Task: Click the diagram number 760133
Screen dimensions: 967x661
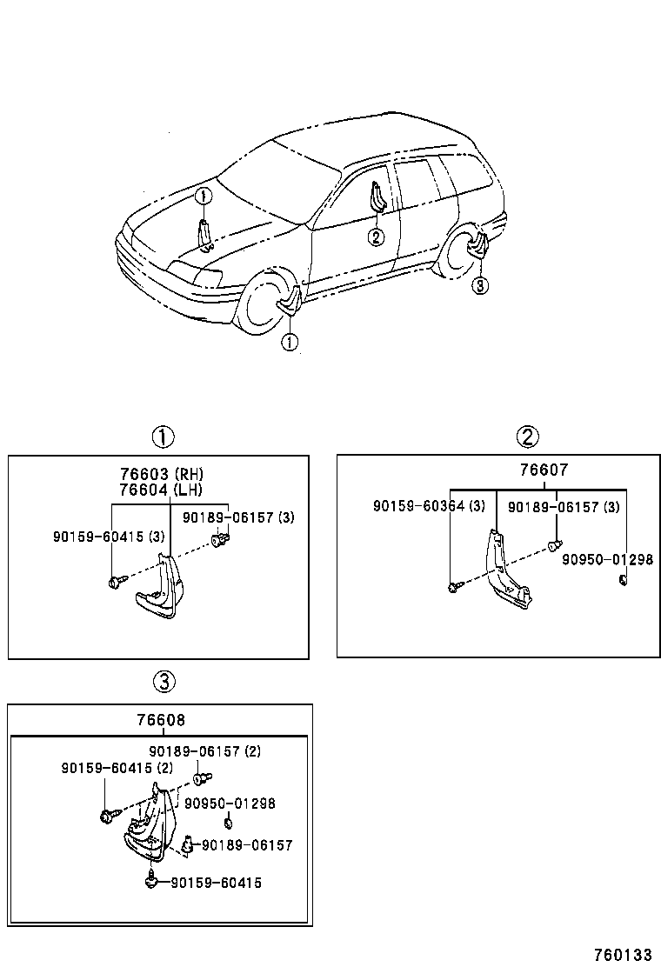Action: pos(622,954)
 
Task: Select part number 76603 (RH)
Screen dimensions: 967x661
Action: pos(162,474)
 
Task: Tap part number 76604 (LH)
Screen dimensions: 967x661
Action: pos(162,490)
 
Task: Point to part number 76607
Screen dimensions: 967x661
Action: pos(544,470)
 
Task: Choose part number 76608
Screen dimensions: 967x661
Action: pos(160,720)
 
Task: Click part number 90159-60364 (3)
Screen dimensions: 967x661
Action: pos(429,506)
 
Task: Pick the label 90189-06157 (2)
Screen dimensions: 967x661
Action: pos(204,751)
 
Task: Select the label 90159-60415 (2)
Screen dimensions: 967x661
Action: pos(117,768)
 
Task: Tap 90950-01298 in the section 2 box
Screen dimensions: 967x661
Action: pos(606,559)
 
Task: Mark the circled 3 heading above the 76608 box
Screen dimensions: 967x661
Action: pos(164,682)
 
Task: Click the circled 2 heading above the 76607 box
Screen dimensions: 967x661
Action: pos(527,437)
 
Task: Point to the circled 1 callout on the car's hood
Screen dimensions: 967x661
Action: pos(202,197)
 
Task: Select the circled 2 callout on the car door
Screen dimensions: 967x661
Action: pos(375,237)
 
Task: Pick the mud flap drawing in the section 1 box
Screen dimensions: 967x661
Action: pos(161,588)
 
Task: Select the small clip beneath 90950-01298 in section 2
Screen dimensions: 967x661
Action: pos(623,580)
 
